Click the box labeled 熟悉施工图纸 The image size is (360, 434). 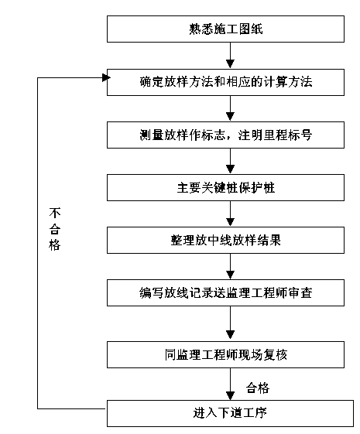click(225, 29)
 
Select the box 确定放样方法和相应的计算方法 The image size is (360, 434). click(225, 83)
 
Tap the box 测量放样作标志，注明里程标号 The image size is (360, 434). click(225, 135)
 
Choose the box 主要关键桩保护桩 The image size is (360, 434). click(225, 188)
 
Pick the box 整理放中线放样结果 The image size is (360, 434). click(225, 241)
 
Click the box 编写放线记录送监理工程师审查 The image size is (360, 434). click(225, 293)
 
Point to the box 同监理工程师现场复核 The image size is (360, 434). click(225, 354)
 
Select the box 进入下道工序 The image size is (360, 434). click(230, 413)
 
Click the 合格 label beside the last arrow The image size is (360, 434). click(258, 388)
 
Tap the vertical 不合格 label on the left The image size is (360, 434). click(55, 229)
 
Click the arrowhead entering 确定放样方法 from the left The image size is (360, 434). click(106, 78)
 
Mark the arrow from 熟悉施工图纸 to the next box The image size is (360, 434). click(230, 56)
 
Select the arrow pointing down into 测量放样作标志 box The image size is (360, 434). click(230, 109)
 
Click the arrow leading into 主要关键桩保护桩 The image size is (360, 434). click(230, 162)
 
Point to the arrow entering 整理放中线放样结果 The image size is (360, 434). click(230, 214)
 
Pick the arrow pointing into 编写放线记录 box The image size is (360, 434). click(230, 267)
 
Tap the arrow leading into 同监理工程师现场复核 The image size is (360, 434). click(230, 323)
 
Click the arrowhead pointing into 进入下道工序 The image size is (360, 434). click(230, 396)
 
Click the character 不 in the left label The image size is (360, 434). click(55, 213)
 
